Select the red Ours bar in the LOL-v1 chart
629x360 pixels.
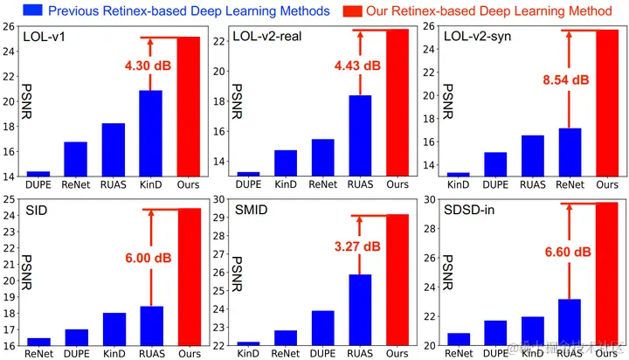189,106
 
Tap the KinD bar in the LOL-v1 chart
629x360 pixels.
150,132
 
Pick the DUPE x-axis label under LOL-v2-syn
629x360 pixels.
495,185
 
